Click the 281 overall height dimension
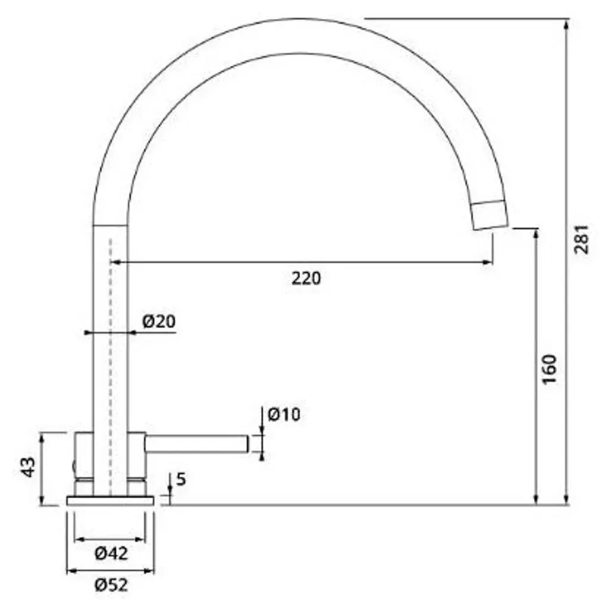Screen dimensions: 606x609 [582, 239]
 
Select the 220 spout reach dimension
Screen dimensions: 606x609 [306, 278]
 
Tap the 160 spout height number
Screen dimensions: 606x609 [550, 369]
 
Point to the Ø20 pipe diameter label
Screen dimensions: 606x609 [159, 321]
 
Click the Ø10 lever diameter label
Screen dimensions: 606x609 [284, 415]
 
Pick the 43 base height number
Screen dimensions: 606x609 [28, 467]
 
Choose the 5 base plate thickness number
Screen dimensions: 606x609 [181, 480]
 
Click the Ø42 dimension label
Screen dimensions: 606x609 [111, 554]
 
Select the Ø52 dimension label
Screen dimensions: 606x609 [111, 585]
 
